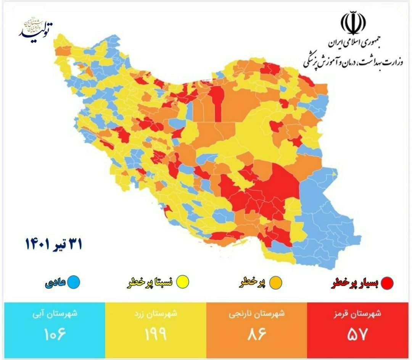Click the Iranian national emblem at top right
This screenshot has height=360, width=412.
353,23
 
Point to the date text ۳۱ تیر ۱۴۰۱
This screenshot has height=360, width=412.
54,244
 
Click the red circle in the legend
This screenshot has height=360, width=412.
387,283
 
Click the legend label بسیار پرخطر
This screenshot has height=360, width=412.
355,283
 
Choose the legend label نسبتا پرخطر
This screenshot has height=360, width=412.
150,283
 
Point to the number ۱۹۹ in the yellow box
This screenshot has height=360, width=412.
156,335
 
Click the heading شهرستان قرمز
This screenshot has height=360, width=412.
357,315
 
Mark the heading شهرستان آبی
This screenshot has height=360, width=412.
55,315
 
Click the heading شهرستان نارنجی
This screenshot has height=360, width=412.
256,315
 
